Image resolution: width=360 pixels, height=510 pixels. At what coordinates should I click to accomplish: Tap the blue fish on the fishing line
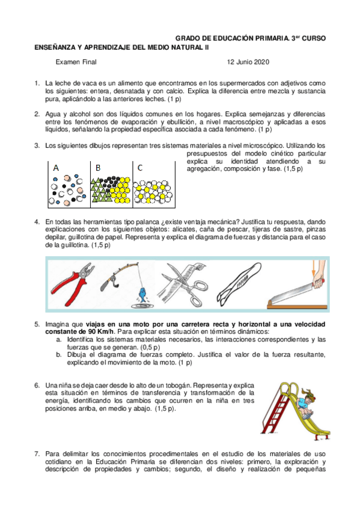point(142,294)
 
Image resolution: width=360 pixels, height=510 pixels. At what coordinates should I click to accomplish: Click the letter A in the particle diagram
point(56,168)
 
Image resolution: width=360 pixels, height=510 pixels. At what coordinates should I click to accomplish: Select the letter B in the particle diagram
point(98,168)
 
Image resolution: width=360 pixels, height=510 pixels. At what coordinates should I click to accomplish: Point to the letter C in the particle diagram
point(140,168)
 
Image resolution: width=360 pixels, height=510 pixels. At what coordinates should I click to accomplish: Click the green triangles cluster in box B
point(101,190)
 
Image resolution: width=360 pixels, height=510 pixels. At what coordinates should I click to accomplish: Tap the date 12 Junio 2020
point(248,62)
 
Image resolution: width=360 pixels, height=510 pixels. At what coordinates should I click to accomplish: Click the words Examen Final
point(76,62)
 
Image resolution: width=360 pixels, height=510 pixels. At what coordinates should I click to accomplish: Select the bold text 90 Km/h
point(101,332)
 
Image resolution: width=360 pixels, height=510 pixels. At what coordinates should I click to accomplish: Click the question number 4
point(37,222)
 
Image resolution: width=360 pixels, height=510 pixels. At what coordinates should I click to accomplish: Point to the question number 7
point(37,453)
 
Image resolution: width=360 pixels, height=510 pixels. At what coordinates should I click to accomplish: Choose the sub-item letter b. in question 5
point(59,354)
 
